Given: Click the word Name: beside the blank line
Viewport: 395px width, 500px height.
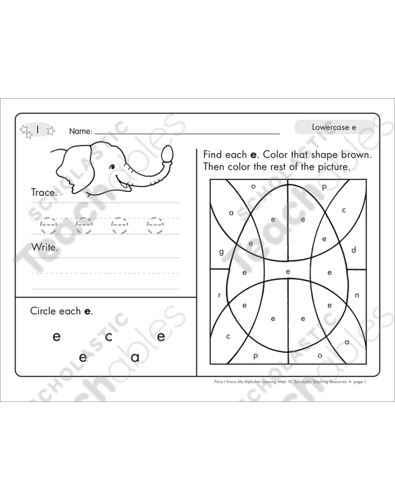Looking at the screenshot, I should coord(81,132).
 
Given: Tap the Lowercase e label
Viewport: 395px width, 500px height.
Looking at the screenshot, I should coord(333,126).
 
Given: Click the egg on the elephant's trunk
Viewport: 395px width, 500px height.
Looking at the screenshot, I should coord(167,155).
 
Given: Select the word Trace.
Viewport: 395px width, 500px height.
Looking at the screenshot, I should coord(44,193).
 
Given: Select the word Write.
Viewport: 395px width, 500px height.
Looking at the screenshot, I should coord(44,247).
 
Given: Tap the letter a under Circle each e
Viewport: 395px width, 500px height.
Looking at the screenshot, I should coord(135,357).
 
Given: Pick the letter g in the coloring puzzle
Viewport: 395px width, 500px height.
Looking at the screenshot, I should coord(222,252).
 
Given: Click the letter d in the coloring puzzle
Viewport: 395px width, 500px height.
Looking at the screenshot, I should coord(354,250).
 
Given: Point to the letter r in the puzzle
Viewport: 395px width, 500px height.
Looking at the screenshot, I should coord(219,295).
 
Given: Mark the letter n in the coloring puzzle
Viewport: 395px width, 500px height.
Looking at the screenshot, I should coord(357,295).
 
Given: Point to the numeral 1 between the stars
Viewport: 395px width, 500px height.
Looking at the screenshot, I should coord(38,130).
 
